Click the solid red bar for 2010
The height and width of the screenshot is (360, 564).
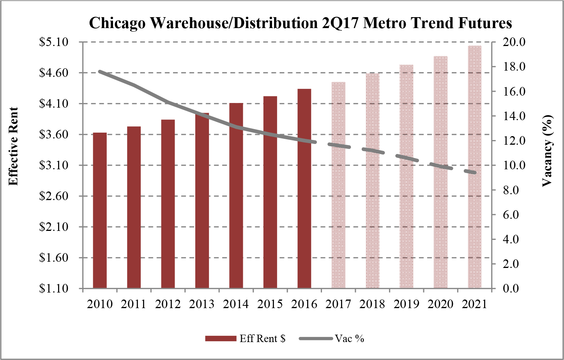100,211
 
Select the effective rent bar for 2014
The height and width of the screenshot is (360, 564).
236,195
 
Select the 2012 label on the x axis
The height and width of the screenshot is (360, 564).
168,304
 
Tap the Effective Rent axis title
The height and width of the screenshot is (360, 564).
14,147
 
